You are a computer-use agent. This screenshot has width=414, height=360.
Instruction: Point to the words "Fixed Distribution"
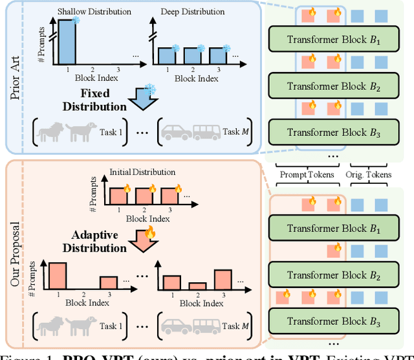99,100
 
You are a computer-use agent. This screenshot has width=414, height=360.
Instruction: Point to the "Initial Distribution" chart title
142,172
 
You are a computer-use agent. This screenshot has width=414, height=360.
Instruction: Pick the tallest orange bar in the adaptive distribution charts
58,276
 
